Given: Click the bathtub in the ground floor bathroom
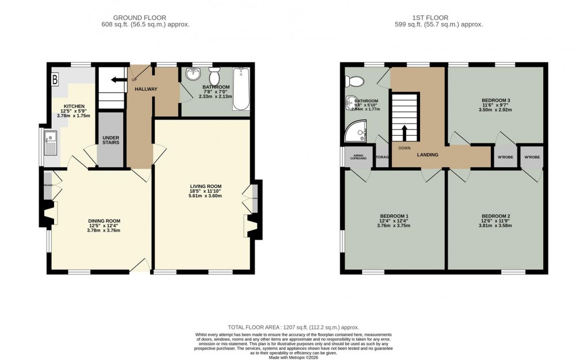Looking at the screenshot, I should [x=242, y=89].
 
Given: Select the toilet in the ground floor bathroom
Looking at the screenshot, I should [x=215, y=76].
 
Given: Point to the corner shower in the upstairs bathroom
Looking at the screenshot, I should [x=355, y=133].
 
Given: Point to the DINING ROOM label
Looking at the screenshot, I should [x=104, y=221].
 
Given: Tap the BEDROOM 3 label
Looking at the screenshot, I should [x=495, y=101].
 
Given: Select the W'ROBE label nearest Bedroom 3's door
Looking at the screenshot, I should [x=505, y=156].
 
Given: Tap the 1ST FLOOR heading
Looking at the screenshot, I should [x=439, y=18].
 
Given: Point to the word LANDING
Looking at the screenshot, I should [x=427, y=155].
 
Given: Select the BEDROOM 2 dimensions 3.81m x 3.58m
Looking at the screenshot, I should [x=496, y=226].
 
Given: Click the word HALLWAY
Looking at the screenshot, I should [x=146, y=89].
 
